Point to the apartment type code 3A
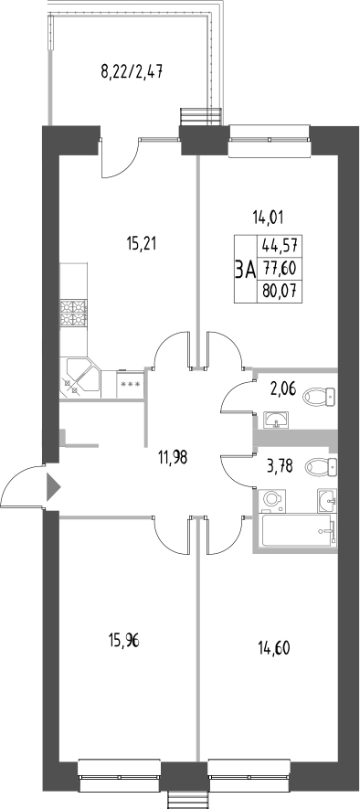pyautogui.click(x=244, y=269)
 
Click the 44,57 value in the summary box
pyautogui.click(x=282, y=245)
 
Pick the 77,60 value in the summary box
pyautogui.click(x=282, y=269)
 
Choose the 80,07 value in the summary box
pyautogui.click(x=282, y=292)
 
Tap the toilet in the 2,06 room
pyautogui.click(x=319, y=396)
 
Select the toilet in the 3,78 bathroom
pyautogui.click(x=320, y=467)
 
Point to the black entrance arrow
pyautogui.click(x=52, y=485)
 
